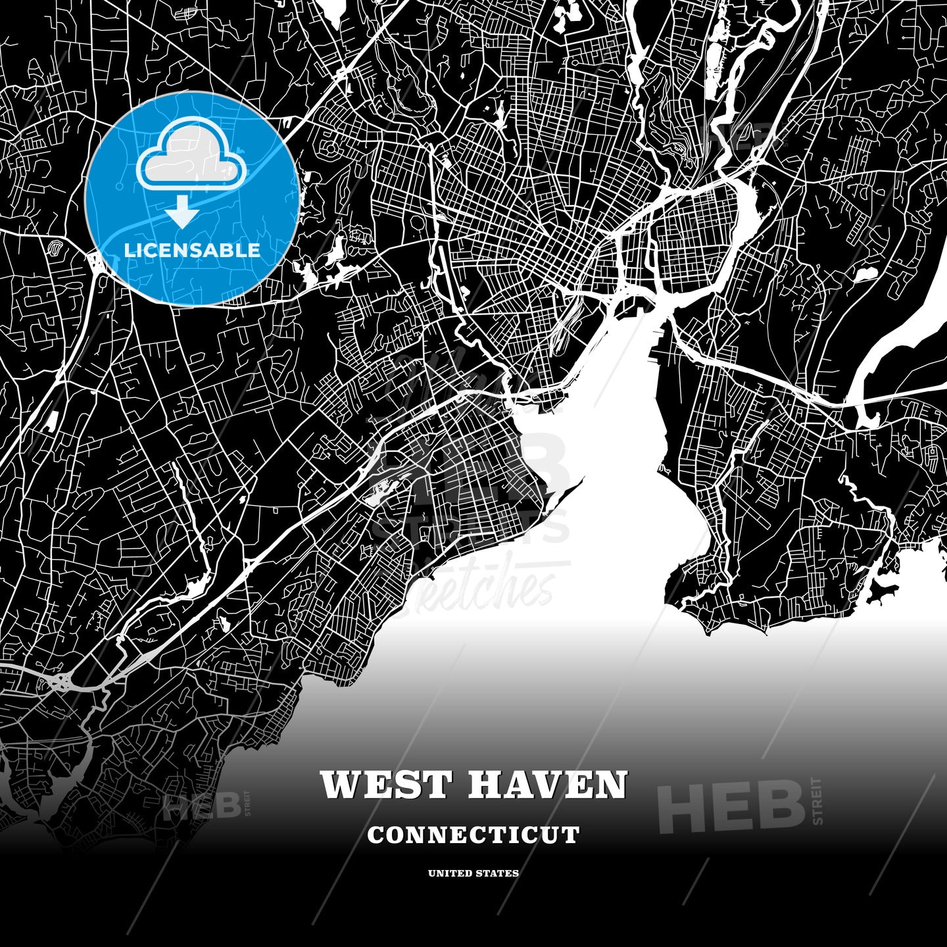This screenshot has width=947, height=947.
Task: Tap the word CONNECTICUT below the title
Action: tap(473, 835)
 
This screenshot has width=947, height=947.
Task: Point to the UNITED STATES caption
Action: tap(473, 873)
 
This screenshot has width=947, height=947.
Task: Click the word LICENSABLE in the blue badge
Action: tap(192, 251)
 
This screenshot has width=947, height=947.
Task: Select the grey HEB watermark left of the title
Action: tap(202, 805)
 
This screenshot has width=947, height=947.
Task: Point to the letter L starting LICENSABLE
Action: tap(129, 251)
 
